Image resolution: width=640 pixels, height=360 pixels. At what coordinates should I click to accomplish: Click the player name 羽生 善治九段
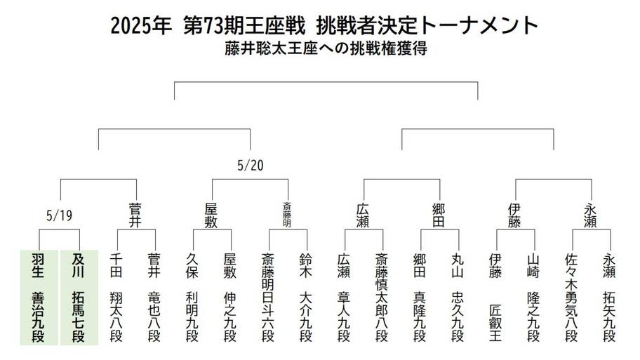click(38, 298)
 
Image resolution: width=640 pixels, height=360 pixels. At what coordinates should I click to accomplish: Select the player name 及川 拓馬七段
click(78, 298)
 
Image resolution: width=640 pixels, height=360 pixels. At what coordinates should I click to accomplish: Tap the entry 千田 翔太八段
click(116, 298)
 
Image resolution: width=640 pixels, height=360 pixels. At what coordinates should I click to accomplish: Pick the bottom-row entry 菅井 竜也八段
click(154, 298)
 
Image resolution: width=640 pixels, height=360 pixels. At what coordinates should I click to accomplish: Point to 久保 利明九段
click(192, 298)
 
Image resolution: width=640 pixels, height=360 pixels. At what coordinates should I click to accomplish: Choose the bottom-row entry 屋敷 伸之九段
click(229, 298)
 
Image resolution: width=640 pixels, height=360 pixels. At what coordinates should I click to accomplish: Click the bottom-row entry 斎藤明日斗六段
click(268, 298)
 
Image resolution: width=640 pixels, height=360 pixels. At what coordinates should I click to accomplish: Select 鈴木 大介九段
click(306, 298)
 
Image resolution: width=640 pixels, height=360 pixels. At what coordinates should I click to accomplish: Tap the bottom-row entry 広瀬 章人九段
click(344, 298)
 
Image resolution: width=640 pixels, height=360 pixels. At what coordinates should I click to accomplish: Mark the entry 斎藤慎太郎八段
click(382, 298)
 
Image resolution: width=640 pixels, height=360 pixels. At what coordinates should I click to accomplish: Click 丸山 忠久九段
click(458, 298)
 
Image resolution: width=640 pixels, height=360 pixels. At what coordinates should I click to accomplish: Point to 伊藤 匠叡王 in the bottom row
click(495, 298)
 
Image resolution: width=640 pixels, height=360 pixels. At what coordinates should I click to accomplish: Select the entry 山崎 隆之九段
click(533, 298)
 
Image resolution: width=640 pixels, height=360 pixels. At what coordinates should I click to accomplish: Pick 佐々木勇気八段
click(571, 298)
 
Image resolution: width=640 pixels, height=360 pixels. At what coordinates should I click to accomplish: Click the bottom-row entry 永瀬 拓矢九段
click(609, 298)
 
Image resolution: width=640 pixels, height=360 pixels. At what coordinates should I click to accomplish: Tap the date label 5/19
click(60, 215)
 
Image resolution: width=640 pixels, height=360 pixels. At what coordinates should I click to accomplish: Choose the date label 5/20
click(251, 166)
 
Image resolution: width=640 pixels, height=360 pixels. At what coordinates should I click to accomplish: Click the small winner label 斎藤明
click(287, 214)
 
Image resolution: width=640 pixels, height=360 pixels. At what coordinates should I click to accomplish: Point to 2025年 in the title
click(141, 26)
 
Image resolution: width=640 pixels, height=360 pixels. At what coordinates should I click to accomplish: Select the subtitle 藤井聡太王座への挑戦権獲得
click(326, 48)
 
